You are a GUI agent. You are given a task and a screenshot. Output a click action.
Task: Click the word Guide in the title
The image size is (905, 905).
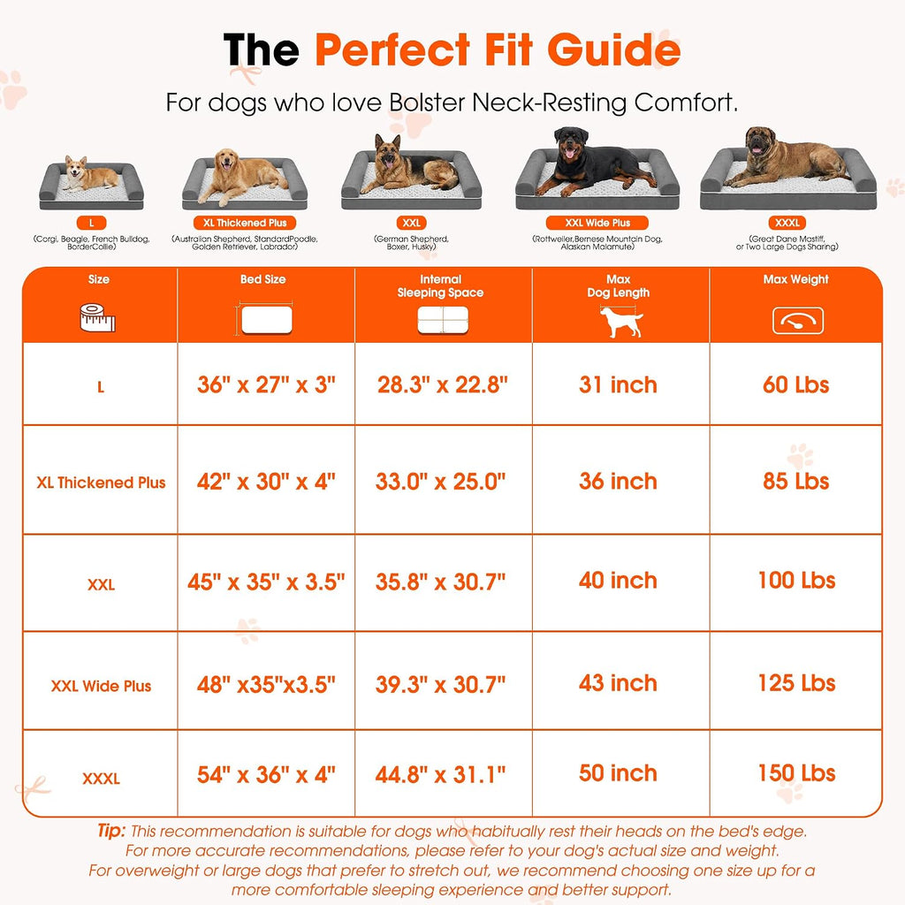point(613,49)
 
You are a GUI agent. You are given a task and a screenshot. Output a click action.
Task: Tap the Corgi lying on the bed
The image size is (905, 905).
point(89,174)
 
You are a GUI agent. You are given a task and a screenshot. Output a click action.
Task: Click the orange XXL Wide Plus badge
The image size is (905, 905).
point(597,223)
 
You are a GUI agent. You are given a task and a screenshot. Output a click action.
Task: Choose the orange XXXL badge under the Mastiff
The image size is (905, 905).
point(787,223)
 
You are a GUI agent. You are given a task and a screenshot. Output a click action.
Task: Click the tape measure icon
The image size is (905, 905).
point(97,318)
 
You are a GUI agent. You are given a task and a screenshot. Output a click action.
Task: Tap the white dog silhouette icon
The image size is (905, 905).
point(620,322)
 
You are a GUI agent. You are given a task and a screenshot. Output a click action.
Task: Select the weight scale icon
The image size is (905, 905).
point(798,321)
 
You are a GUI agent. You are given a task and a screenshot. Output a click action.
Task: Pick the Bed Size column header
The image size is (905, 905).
point(263,279)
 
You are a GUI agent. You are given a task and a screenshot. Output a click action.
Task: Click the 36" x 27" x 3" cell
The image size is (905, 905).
point(266,384)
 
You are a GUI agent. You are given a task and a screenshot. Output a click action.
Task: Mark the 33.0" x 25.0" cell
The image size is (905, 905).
point(440,481)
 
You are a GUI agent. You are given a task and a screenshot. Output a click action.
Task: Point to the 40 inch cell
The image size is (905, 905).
point(618,580)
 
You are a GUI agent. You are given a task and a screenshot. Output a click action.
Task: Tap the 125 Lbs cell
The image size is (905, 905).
point(796,683)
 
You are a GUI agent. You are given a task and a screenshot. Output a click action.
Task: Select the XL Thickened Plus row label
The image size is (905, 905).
point(101,483)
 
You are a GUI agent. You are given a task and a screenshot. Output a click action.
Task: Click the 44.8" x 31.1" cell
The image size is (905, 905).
point(440,774)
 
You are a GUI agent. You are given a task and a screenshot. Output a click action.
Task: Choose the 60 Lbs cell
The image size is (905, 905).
point(796,384)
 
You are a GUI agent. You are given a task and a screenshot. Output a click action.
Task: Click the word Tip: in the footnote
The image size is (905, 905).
point(111,831)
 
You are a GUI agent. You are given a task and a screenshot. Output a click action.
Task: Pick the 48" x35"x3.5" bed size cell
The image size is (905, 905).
point(266,685)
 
